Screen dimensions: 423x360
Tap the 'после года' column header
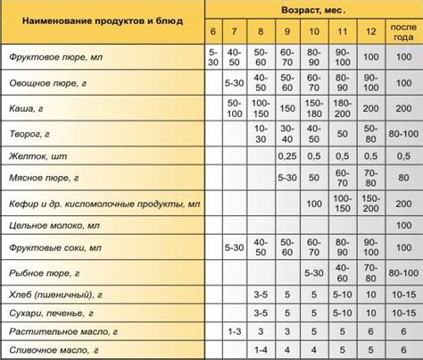(x=401, y=34)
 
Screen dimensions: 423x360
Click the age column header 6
(x=212, y=34)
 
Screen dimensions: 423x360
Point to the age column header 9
(x=287, y=34)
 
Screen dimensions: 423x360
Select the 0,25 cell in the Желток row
(x=287, y=155)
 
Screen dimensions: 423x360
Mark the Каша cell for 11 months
(x=344, y=109)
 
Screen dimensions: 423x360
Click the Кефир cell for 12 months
(x=372, y=202)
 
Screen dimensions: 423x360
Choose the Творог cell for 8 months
(x=261, y=132)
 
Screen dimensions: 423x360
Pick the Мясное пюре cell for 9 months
(x=287, y=179)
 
